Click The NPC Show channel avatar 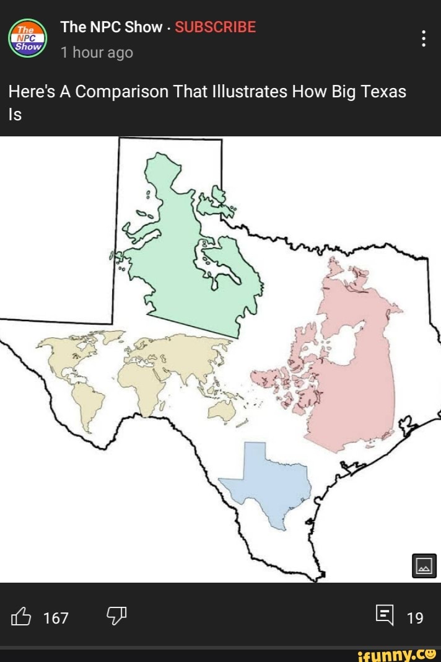[28, 38]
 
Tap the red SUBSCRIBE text [215, 27]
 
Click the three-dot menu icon [424, 38]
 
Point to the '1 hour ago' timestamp [97, 53]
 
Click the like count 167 [56, 617]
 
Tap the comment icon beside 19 [384, 616]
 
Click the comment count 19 [415, 617]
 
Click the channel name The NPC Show [111, 27]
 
